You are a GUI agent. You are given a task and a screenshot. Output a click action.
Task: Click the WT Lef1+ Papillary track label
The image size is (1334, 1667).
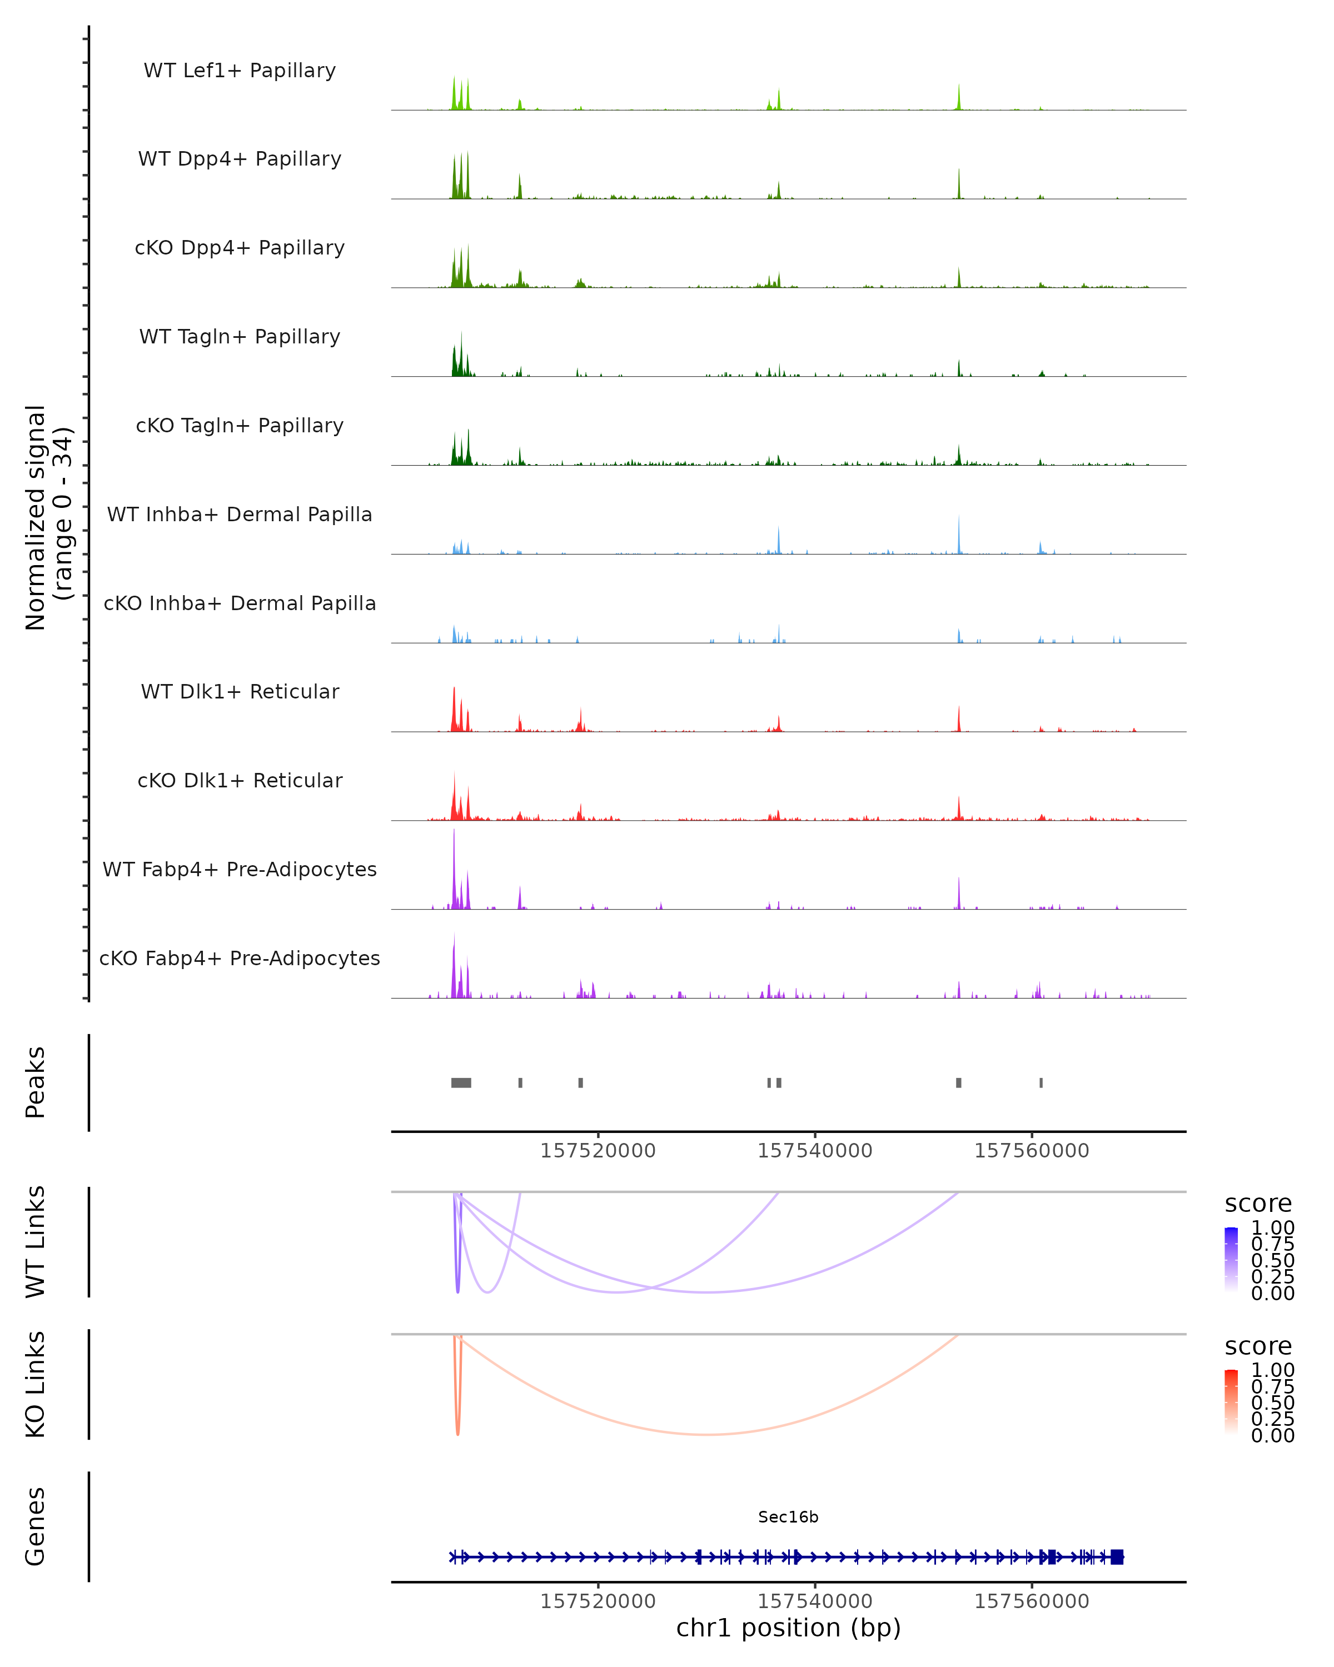240,71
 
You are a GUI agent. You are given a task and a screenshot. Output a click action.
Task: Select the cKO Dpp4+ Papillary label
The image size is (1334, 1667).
240,248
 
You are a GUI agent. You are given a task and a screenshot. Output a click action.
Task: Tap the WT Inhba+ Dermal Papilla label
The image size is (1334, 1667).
240,515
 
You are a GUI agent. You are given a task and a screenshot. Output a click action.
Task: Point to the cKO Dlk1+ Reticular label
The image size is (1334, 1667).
240,781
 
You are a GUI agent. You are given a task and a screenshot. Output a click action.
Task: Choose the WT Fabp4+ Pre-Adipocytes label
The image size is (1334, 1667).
240,870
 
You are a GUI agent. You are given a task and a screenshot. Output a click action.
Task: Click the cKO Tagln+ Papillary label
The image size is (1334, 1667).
240,426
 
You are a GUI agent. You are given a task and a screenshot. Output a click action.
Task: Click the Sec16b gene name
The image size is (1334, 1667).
788,1517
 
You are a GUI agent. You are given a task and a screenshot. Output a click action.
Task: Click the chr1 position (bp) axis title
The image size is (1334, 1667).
788,1628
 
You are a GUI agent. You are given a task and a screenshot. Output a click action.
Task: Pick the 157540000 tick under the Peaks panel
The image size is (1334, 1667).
814,1151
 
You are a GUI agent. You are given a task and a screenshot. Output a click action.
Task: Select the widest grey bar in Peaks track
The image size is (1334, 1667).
461,1082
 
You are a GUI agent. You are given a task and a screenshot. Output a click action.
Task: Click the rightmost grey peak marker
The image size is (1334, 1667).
1041,1082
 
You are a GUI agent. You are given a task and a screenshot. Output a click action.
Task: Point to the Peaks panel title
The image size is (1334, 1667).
36,1082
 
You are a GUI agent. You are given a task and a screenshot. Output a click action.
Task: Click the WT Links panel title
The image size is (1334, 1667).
36,1242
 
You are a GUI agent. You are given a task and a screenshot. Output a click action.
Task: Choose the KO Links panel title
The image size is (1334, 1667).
36,1385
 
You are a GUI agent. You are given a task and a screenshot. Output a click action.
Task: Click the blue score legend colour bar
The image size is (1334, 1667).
1231,1260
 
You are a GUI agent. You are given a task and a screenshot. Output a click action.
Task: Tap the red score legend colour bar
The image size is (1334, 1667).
1231,1402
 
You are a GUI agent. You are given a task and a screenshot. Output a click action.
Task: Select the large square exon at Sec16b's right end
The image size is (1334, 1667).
1117,1556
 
